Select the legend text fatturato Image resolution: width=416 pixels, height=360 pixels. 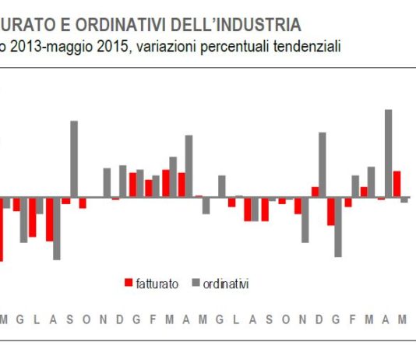point(157,284)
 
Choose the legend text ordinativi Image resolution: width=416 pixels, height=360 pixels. point(225,284)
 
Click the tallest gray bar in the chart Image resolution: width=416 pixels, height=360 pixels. point(388,153)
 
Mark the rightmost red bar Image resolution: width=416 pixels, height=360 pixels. point(397,183)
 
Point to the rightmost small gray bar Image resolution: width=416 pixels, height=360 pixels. point(404,199)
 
